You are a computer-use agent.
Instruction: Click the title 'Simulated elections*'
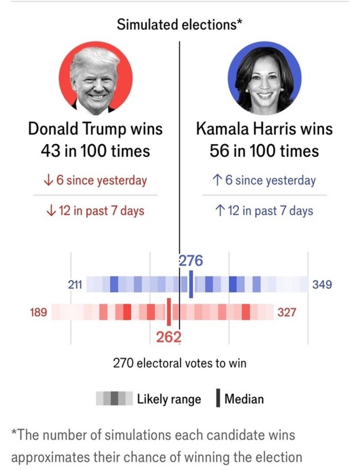coord(180,24)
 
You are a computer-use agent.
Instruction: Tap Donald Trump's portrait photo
coord(95,78)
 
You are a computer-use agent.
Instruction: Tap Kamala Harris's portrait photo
coord(265,78)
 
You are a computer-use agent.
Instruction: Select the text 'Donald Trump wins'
coord(95,129)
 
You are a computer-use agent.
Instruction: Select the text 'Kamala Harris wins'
coord(265,129)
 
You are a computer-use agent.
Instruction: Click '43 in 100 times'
coord(95,151)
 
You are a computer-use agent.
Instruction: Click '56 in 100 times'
coord(265,151)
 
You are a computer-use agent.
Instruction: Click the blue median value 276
coord(191,260)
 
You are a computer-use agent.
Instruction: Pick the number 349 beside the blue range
coord(322,285)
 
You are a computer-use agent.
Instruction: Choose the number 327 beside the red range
coord(287,313)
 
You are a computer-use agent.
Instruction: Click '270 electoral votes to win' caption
coord(180,364)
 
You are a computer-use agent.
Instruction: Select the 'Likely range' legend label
coord(169,399)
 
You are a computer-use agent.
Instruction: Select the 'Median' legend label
coord(244,399)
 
